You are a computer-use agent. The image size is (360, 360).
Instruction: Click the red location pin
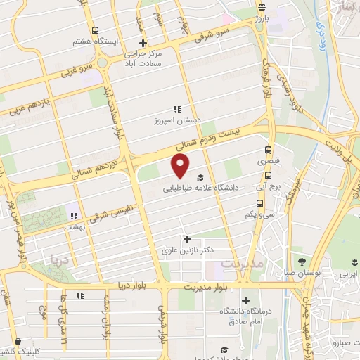(181, 165)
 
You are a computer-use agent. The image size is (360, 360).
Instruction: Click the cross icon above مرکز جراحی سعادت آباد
(143, 43)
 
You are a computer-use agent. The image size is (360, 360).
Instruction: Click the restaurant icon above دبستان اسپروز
(178, 109)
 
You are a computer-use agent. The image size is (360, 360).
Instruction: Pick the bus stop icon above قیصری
(267, 150)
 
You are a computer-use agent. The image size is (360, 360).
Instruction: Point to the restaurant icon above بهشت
(74, 216)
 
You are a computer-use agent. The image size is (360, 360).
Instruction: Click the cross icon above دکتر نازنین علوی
(186, 239)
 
